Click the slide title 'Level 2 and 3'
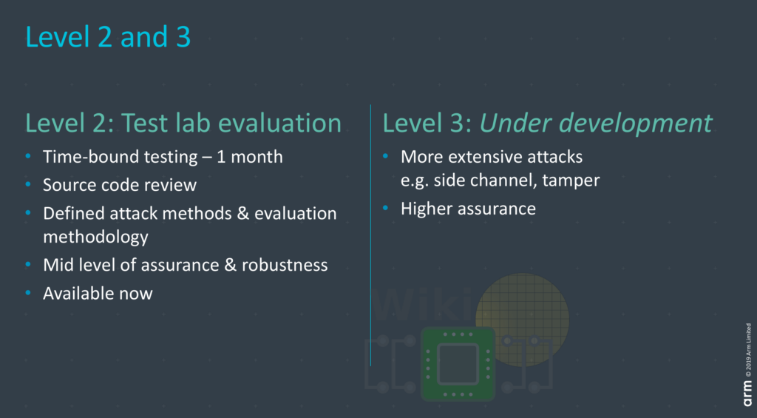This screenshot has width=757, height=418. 108,37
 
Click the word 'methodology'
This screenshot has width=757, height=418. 95,237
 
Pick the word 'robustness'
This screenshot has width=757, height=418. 285,265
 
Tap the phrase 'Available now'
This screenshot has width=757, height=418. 98,293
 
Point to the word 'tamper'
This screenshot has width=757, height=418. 571,181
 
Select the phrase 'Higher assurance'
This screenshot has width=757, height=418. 468,209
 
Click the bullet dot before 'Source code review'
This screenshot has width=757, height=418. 28,185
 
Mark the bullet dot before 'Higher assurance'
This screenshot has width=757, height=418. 386,209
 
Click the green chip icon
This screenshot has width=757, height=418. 458,364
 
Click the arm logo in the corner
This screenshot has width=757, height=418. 748,394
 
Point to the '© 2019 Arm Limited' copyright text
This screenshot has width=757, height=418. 748,350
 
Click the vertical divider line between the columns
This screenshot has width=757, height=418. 371,235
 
